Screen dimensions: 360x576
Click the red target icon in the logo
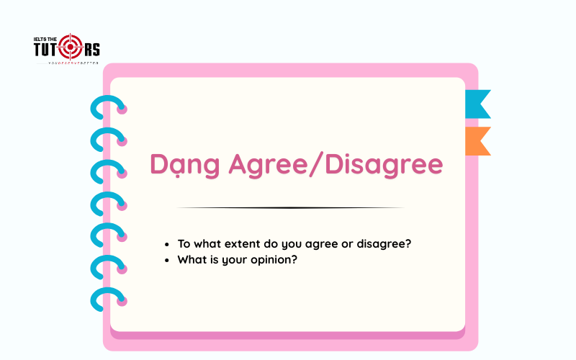click(71, 48)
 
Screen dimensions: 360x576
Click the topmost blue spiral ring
click(107, 107)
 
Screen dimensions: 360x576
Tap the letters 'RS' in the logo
click(91, 49)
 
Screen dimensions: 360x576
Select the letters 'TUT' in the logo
click(46, 50)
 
